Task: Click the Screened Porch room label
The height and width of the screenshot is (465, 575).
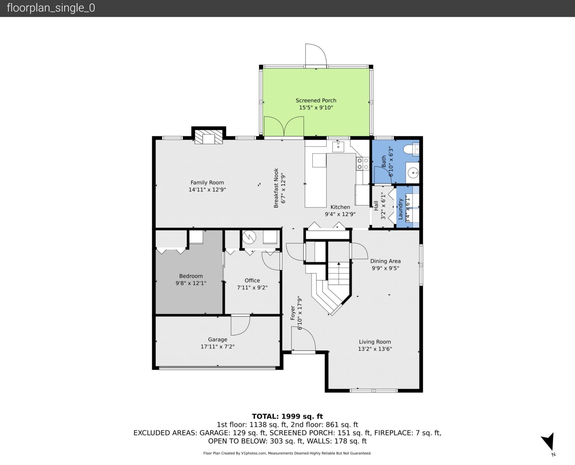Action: point(316,100)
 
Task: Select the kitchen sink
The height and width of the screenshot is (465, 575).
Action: point(338,147)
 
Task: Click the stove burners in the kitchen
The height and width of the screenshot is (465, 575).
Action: point(362,164)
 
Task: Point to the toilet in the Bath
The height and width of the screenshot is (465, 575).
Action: point(411,149)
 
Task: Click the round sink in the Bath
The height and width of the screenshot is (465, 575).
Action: point(413,173)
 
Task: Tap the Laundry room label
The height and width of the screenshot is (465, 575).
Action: point(400,209)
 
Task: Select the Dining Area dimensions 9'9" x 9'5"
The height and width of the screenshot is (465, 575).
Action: point(385,268)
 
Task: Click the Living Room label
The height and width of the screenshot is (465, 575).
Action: point(375,342)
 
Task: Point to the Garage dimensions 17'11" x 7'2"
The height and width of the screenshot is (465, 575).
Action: point(217,347)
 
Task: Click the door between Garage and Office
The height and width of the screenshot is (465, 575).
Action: point(240,325)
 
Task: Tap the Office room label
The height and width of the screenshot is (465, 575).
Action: point(252,280)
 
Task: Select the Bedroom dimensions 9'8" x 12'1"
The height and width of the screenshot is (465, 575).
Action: point(191,283)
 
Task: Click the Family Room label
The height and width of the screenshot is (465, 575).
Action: point(207,182)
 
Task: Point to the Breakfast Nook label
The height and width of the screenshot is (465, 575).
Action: point(276,188)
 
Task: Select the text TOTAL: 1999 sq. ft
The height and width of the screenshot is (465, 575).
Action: point(287,416)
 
